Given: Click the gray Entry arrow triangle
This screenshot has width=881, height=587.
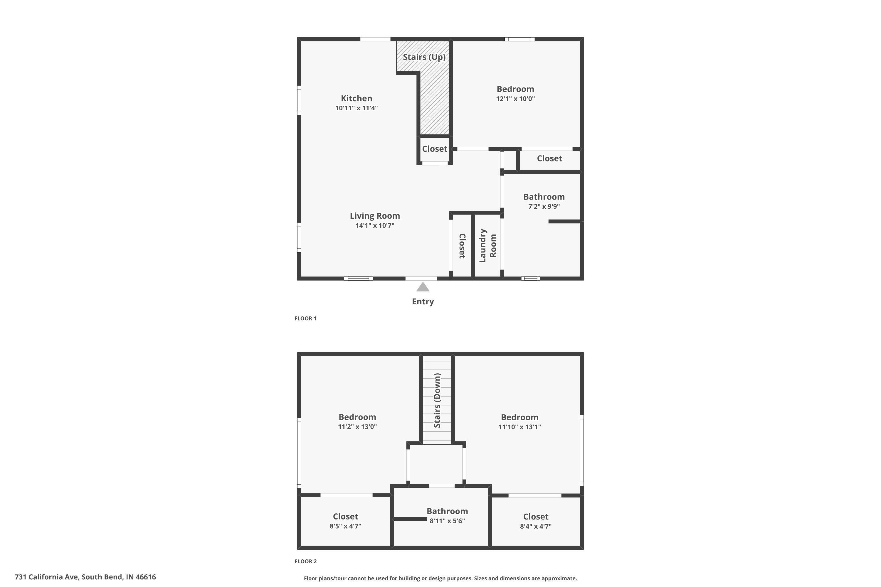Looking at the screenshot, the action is tap(423, 287).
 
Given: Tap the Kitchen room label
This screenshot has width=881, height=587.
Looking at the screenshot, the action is tap(356, 98).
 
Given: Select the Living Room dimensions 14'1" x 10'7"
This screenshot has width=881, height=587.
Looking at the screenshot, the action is tap(375, 225).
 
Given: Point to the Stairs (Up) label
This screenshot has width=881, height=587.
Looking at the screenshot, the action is tap(424, 57).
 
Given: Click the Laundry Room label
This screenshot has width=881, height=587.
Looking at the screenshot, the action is tap(488, 246).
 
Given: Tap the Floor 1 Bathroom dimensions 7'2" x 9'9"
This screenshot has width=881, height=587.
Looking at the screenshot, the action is tap(544, 206).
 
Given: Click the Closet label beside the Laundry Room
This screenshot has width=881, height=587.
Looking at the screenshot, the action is tap(462, 246).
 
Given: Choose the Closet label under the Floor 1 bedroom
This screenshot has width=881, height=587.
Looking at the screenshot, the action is tap(549, 158).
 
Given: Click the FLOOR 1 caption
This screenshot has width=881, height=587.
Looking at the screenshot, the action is tap(305, 318).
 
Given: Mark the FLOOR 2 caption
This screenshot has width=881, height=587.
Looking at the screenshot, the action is tap(305, 561).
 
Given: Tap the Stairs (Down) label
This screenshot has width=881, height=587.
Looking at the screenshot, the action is tap(437, 400).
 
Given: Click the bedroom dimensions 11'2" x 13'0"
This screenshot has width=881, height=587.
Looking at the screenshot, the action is tap(357, 427).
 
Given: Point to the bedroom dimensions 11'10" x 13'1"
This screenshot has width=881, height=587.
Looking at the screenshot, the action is tap(519, 427).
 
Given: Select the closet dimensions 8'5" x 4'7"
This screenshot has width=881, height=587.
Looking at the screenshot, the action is tap(345, 526).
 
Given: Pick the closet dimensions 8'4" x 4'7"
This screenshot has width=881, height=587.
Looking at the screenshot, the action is tap(536, 526).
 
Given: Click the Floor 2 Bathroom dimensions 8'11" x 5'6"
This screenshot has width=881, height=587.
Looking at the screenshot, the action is tap(447, 521).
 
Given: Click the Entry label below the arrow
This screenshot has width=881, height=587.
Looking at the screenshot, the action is tap(423, 302).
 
